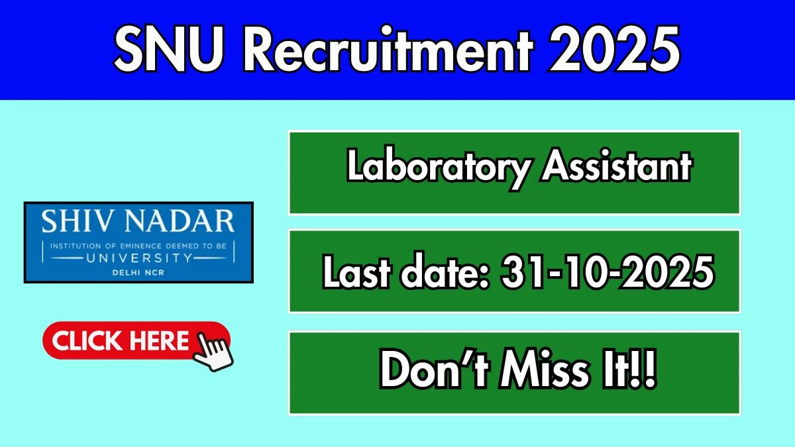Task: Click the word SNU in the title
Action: pos(169,49)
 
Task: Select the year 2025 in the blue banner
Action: pos(614,49)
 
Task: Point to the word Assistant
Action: pos(617,166)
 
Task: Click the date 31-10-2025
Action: pos(608,272)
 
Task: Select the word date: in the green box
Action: pos(445,272)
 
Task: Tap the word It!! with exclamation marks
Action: pos(629,370)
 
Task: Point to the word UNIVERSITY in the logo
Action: pos(140,258)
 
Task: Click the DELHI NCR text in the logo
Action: pos(138,273)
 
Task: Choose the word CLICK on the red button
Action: pos(87,340)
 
